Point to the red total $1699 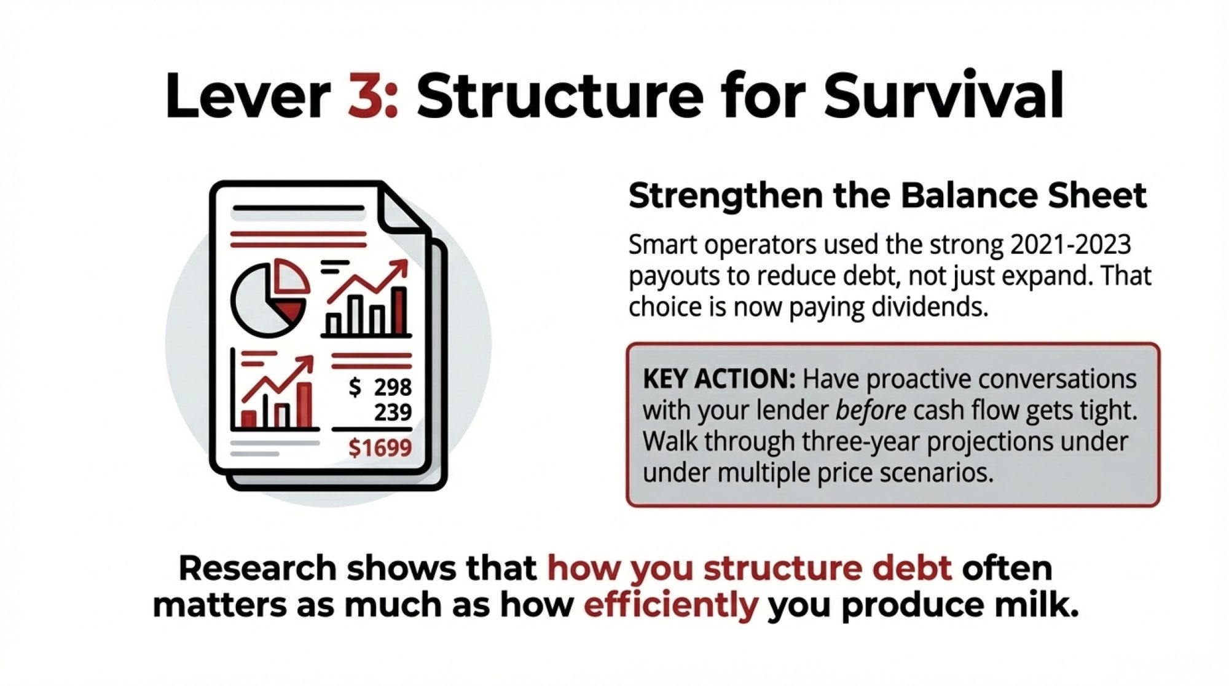coord(380,448)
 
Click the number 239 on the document coord(393,412)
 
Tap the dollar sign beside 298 coord(355,387)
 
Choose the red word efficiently coord(671,605)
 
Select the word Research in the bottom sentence coord(258,569)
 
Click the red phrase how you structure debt coord(750,569)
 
